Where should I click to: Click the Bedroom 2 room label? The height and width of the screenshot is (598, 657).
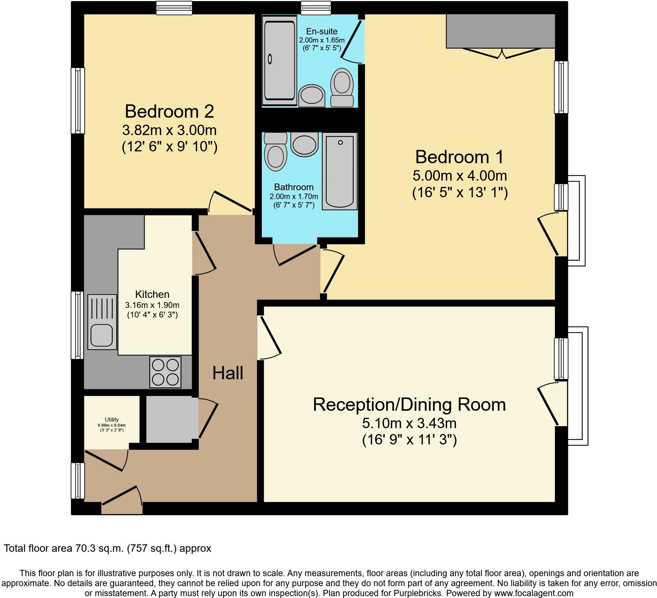[x=169, y=111]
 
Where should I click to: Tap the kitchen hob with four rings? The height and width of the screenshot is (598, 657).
[x=165, y=372]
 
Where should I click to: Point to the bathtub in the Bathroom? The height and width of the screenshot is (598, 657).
[x=340, y=171]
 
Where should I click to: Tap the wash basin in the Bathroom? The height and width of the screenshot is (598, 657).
[x=304, y=144]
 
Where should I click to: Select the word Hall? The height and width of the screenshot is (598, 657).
[x=228, y=373]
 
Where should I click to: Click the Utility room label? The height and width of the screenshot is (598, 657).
[x=111, y=419]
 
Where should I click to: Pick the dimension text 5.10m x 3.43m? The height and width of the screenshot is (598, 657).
[x=409, y=423]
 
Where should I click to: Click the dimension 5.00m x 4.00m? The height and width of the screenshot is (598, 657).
[x=459, y=175]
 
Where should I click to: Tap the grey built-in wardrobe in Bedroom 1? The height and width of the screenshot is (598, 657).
[x=500, y=31]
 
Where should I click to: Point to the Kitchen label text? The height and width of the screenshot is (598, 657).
[x=152, y=295]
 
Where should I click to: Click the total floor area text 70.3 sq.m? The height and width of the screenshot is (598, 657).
[x=107, y=548]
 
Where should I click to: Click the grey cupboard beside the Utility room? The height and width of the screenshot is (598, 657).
[x=169, y=419]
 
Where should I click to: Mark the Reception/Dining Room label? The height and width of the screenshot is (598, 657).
[x=409, y=404]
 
